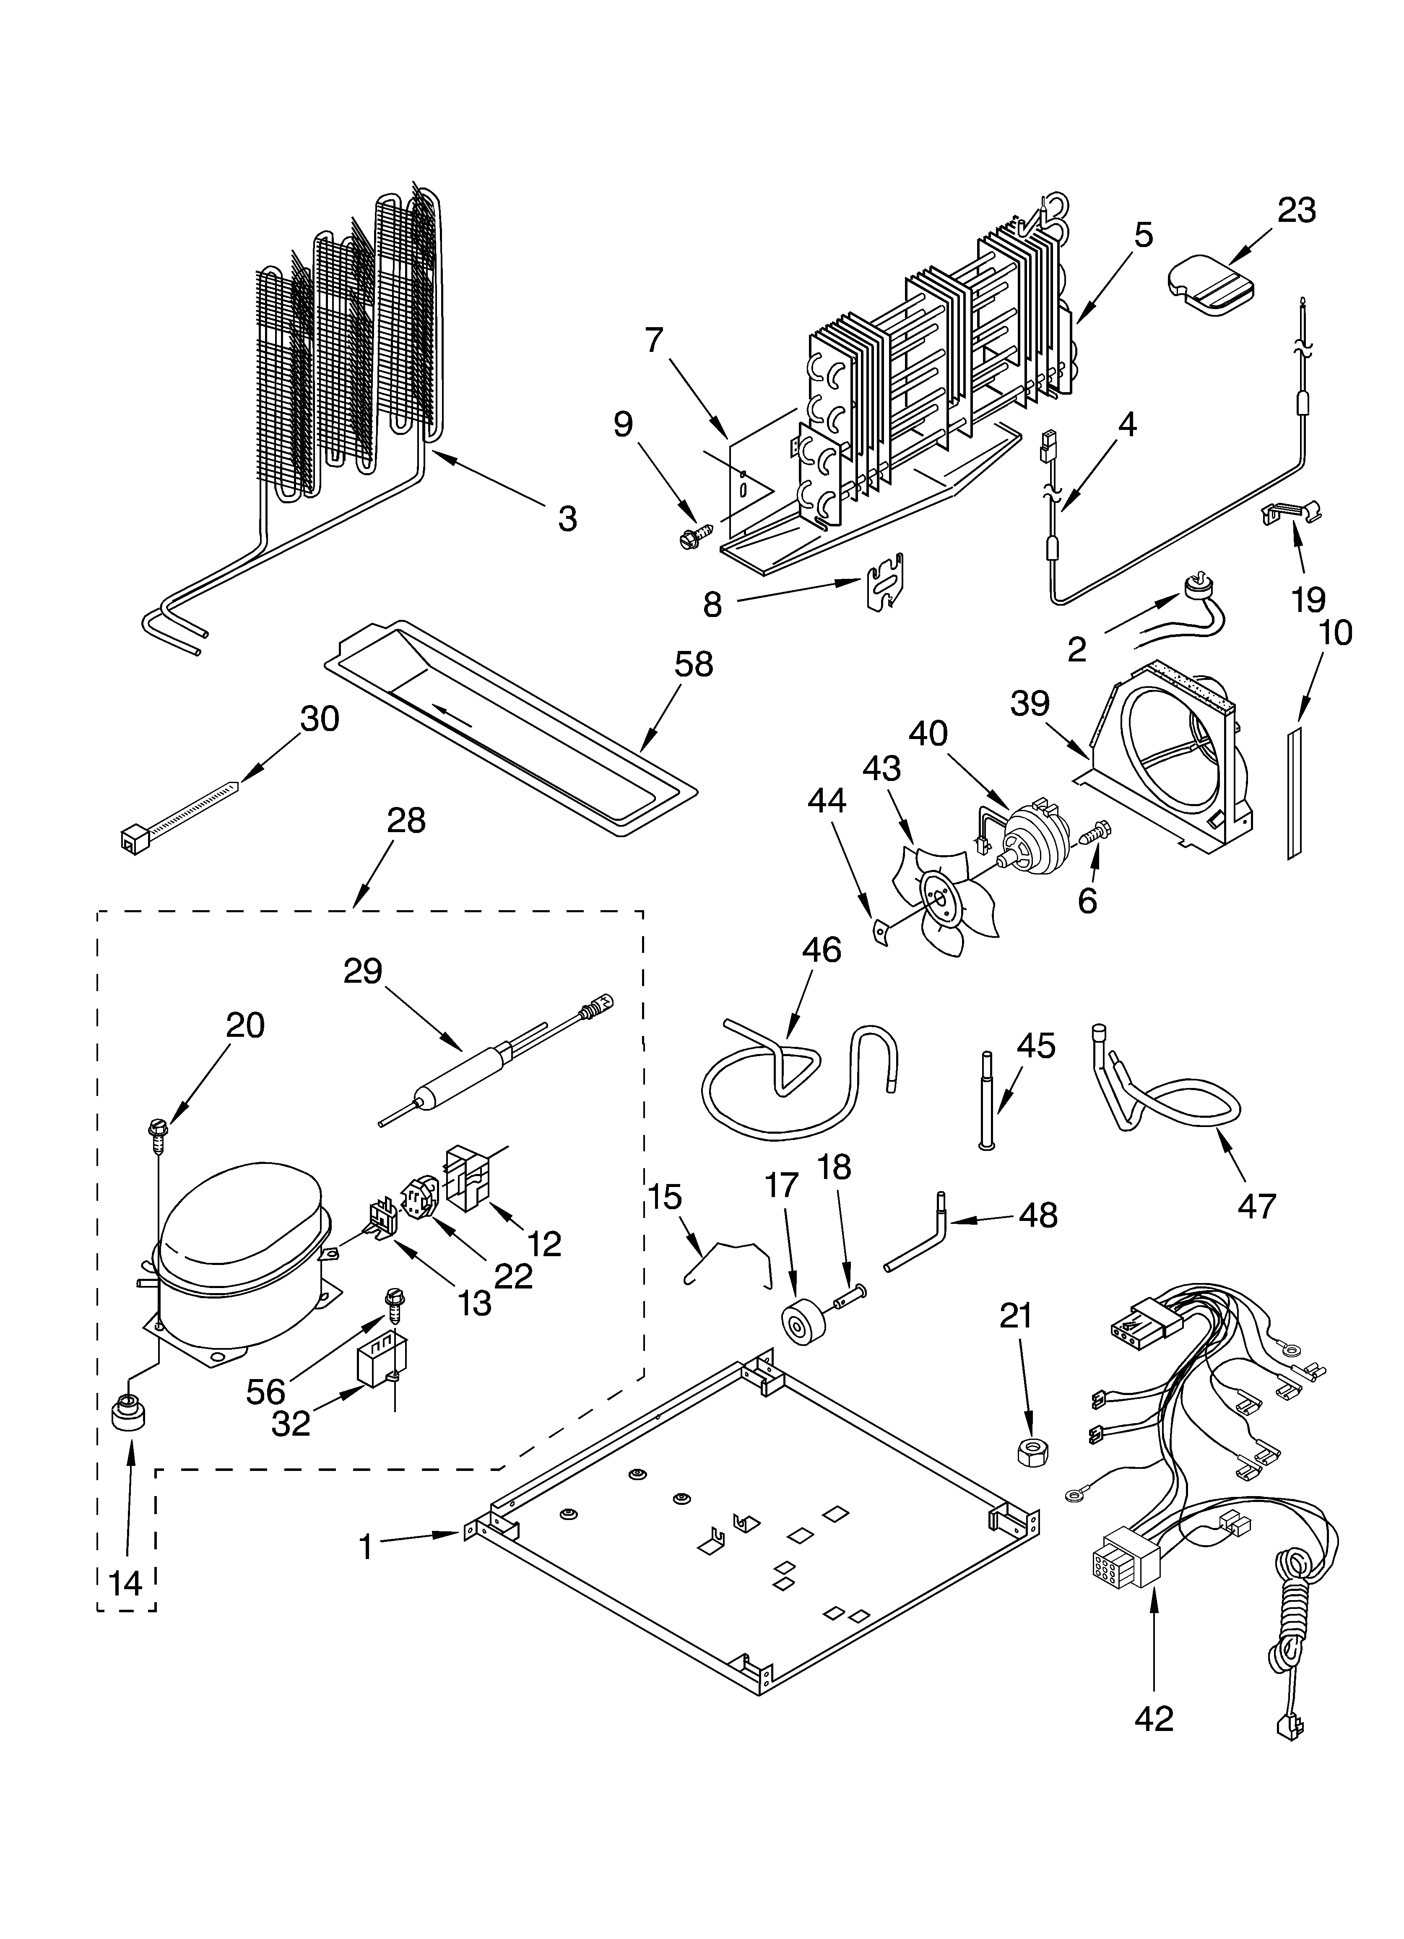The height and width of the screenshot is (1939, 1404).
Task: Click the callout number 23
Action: point(1296,210)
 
